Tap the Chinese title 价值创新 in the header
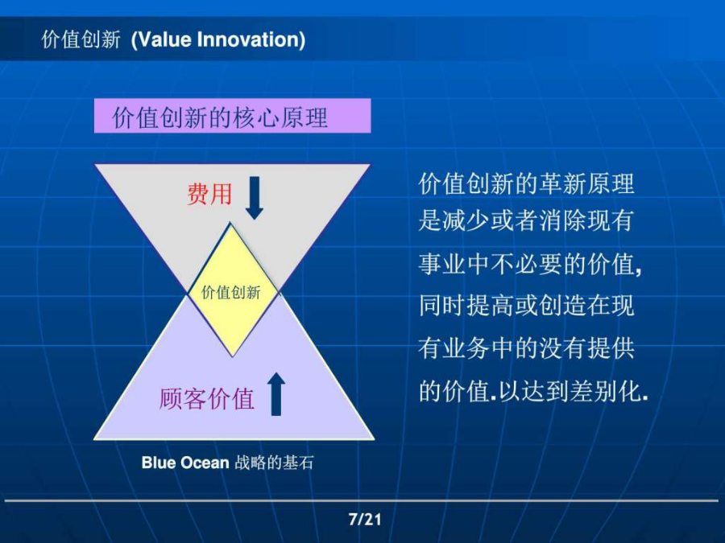pos(81,39)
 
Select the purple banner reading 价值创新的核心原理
pos(232,116)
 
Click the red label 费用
pos(209,193)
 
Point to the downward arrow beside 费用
pos(255,198)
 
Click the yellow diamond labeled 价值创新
pos(232,290)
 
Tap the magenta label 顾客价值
pos(207,398)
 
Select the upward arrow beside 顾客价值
pos(276,394)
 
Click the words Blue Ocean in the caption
pos(185,463)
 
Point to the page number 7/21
pos(365,520)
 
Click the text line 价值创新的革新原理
pos(526,183)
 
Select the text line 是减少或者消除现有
pos(526,220)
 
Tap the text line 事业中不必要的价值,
pos(530,265)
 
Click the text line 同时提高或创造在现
pos(526,305)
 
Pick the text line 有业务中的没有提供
pos(526,348)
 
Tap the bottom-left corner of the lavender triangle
pos(94,438)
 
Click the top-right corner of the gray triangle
pos(371,164)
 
